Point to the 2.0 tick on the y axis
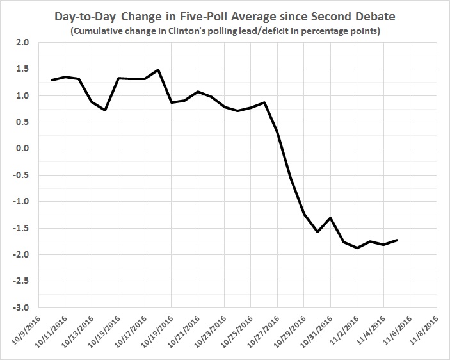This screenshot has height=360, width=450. point(23,43)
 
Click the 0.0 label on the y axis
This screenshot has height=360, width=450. point(23,149)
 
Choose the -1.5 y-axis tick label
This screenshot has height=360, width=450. point(22,228)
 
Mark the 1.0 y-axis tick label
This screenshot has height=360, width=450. point(23,96)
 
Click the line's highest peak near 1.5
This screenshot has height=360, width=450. point(157,70)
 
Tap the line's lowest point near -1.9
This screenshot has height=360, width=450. point(357,247)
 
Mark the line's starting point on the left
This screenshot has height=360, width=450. point(52,80)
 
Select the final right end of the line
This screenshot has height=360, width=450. point(398,240)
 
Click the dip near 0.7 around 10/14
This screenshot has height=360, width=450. point(104,110)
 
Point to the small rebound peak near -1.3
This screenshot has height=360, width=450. point(330,218)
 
